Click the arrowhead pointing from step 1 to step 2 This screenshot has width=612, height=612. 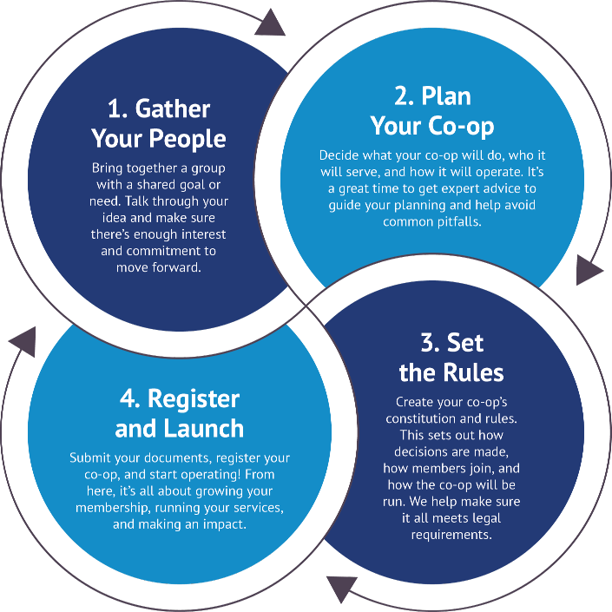tap(271, 22)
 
